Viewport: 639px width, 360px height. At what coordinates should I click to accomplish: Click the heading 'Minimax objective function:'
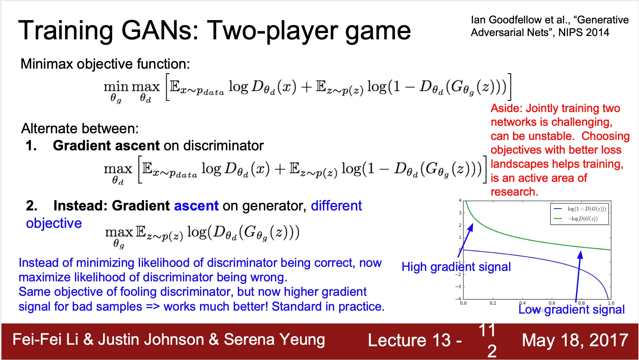point(105,64)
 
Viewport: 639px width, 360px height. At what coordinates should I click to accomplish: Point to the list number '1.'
point(32,145)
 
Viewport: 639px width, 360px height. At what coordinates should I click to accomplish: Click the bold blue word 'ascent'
point(196,206)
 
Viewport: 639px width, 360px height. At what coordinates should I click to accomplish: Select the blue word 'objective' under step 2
point(54,223)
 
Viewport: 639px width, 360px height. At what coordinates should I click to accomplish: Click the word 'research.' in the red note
point(514,192)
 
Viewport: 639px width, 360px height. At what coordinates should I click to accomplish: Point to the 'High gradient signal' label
point(456,267)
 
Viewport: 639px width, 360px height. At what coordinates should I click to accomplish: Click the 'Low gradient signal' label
point(571,310)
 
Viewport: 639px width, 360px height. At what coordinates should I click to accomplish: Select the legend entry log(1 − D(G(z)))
point(587,209)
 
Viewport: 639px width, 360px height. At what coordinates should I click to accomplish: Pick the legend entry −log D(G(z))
point(583,219)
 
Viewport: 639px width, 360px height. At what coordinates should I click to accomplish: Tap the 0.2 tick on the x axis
point(493,303)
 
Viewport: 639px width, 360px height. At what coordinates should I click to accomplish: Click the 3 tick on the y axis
point(460,213)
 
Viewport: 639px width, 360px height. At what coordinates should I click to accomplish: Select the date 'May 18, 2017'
point(575,340)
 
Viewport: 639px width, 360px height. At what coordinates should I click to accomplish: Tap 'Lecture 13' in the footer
point(409,340)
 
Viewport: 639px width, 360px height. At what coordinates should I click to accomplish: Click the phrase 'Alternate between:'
point(80,129)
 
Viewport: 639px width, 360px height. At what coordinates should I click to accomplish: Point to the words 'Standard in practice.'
point(328,307)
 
